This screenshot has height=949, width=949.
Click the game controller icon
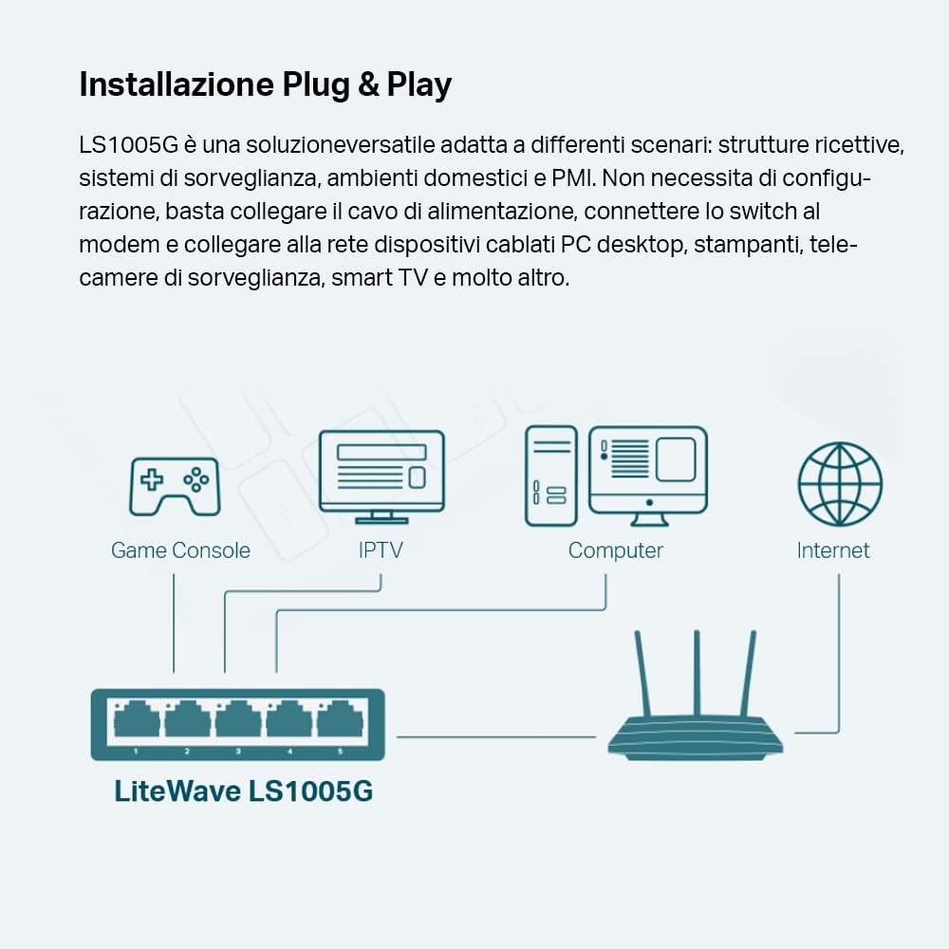point(174,486)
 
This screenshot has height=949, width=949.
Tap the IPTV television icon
point(381,475)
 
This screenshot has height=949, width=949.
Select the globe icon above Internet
point(840,484)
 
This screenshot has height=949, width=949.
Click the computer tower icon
point(550,475)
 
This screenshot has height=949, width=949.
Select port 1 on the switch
point(136,722)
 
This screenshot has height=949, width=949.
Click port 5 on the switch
point(339,722)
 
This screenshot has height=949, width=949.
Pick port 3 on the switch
point(237,722)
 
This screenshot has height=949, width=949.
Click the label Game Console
point(180,550)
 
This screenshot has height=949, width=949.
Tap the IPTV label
point(381,550)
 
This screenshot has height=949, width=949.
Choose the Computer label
point(615,550)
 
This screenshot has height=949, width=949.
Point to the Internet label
point(833,550)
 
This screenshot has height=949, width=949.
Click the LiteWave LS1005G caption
point(244,791)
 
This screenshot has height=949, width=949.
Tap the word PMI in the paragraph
point(573,177)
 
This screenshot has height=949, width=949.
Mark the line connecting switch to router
point(500,735)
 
